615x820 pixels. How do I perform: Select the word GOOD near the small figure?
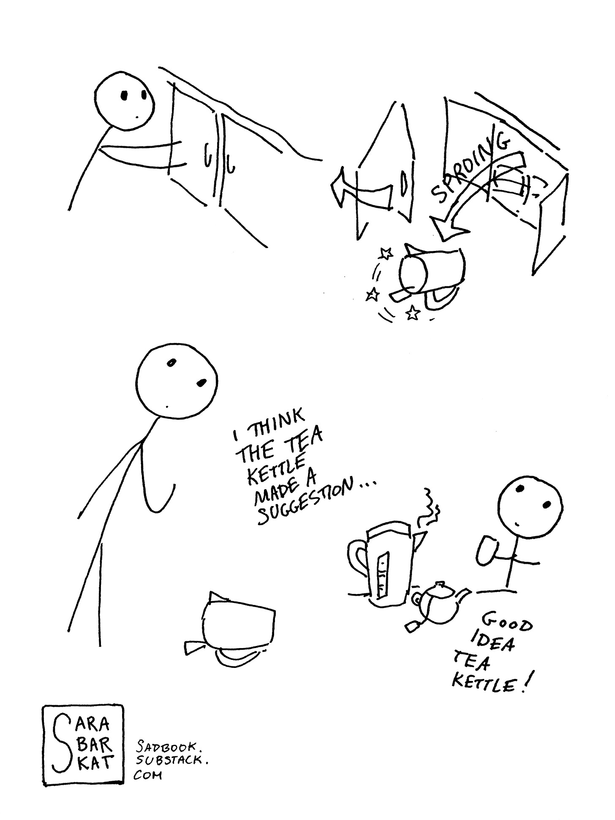coord(507,621)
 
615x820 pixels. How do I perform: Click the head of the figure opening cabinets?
coord(123,100)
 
